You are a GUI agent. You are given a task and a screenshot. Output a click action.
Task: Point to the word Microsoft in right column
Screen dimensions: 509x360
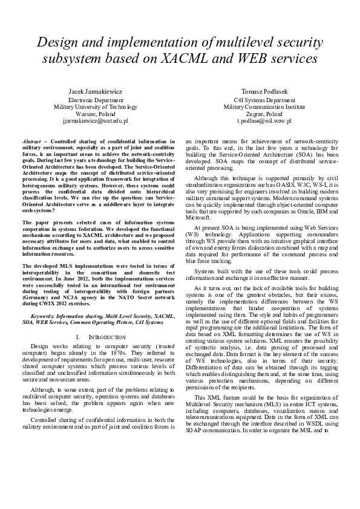click(195, 216)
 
